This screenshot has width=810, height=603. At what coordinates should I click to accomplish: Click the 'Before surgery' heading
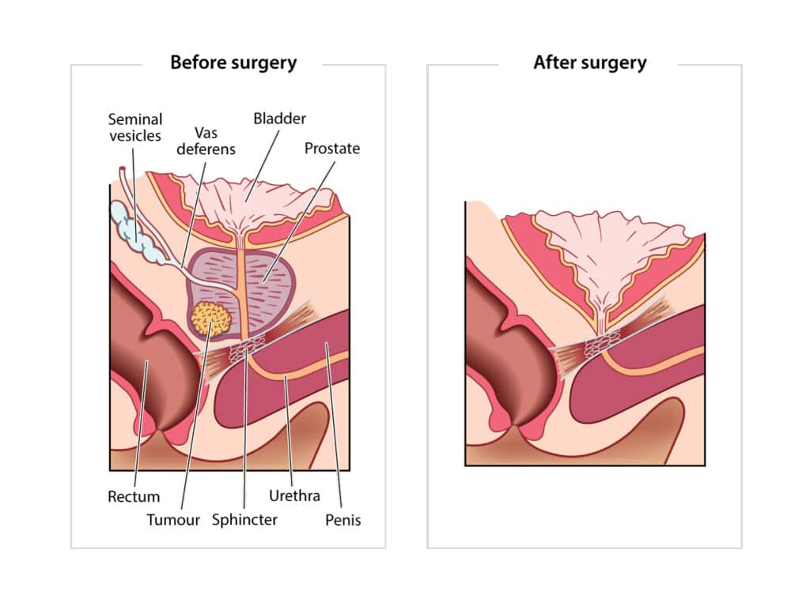pyautogui.click(x=233, y=63)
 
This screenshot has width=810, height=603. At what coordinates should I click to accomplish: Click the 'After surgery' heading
pyautogui.click(x=589, y=63)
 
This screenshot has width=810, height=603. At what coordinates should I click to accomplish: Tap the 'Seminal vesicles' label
pyautogui.click(x=135, y=127)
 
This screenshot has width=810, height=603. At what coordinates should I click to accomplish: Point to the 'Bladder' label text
pyautogui.click(x=279, y=119)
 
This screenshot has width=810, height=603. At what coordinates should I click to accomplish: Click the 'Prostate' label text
pyautogui.click(x=332, y=149)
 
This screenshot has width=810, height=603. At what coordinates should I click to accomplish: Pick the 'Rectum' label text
pyautogui.click(x=134, y=497)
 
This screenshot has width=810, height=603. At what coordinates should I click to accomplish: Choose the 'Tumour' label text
pyautogui.click(x=173, y=520)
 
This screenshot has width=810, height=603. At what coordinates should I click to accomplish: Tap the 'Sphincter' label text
pyautogui.click(x=244, y=520)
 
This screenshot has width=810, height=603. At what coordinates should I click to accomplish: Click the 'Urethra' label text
pyautogui.click(x=294, y=496)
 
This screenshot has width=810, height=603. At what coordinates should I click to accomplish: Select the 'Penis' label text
pyautogui.click(x=343, y=520)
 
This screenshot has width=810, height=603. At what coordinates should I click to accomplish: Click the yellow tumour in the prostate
pyautogui.click(x=211, y=318)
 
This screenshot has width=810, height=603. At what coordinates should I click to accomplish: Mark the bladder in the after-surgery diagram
pyautogui.click(x=609, y=245)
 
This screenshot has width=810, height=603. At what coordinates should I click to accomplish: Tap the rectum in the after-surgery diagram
pyautogui.click(x=498, y=348)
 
